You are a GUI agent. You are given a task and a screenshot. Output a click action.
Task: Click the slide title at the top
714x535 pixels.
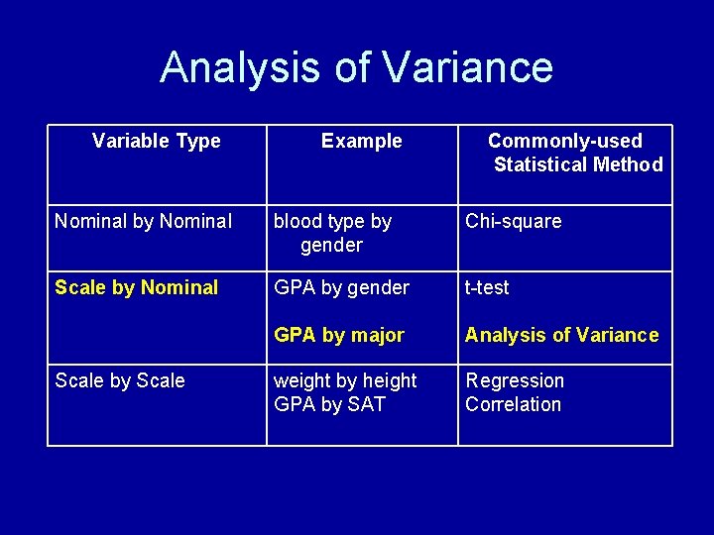point(356,67)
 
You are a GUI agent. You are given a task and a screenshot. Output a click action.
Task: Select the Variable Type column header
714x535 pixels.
point(156,141)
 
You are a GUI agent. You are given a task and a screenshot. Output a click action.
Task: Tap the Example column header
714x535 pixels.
point(361,141)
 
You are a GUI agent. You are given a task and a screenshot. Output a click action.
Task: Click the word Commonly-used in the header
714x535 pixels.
point(564,141)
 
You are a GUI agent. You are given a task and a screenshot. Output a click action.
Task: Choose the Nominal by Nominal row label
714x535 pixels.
point(143,221)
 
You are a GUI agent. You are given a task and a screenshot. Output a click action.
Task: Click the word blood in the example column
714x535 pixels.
point(298,221)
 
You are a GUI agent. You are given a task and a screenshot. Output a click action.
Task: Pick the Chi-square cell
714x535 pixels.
point(513,221)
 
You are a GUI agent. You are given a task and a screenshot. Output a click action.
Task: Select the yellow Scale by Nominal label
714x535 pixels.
point(136,287)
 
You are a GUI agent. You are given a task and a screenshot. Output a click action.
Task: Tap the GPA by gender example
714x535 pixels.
point(341,287)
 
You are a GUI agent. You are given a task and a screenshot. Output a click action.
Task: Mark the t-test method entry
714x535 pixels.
point(487,287)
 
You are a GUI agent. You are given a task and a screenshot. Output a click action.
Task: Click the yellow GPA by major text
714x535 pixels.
point(338,335)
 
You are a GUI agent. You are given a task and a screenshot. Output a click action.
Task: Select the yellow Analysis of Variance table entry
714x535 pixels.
point(561,335)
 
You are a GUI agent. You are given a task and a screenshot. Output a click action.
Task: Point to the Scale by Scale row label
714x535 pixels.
point(120,380)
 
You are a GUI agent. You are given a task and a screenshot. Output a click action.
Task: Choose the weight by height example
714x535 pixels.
point(345,380)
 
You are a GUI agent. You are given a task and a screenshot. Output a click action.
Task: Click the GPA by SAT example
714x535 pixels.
point(329,404)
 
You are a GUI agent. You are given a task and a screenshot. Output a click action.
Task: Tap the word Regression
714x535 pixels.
point(515,380)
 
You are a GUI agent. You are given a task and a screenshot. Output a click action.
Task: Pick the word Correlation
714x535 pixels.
point(513,404)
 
